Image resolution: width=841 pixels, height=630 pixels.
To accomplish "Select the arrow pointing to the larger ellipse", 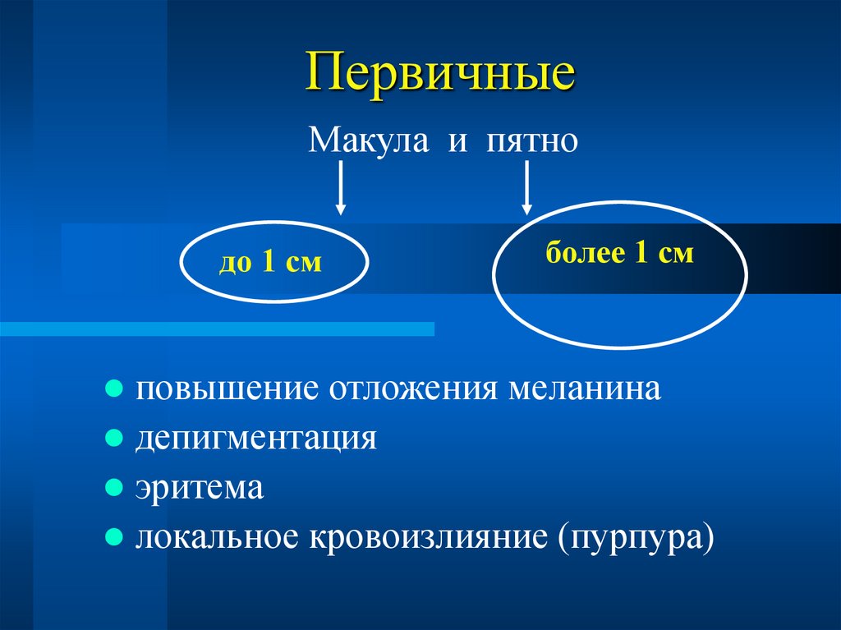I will tap(527, 187).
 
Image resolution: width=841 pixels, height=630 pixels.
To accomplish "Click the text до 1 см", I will tap(269, 264).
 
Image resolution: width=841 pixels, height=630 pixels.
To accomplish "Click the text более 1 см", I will tap(619, 252).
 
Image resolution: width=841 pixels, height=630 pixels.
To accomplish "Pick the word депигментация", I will tap(256, 438).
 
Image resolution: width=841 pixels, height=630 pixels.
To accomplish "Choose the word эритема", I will tap(200, 488).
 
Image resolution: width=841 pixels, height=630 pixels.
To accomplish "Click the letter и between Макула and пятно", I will tap(457, 141).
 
